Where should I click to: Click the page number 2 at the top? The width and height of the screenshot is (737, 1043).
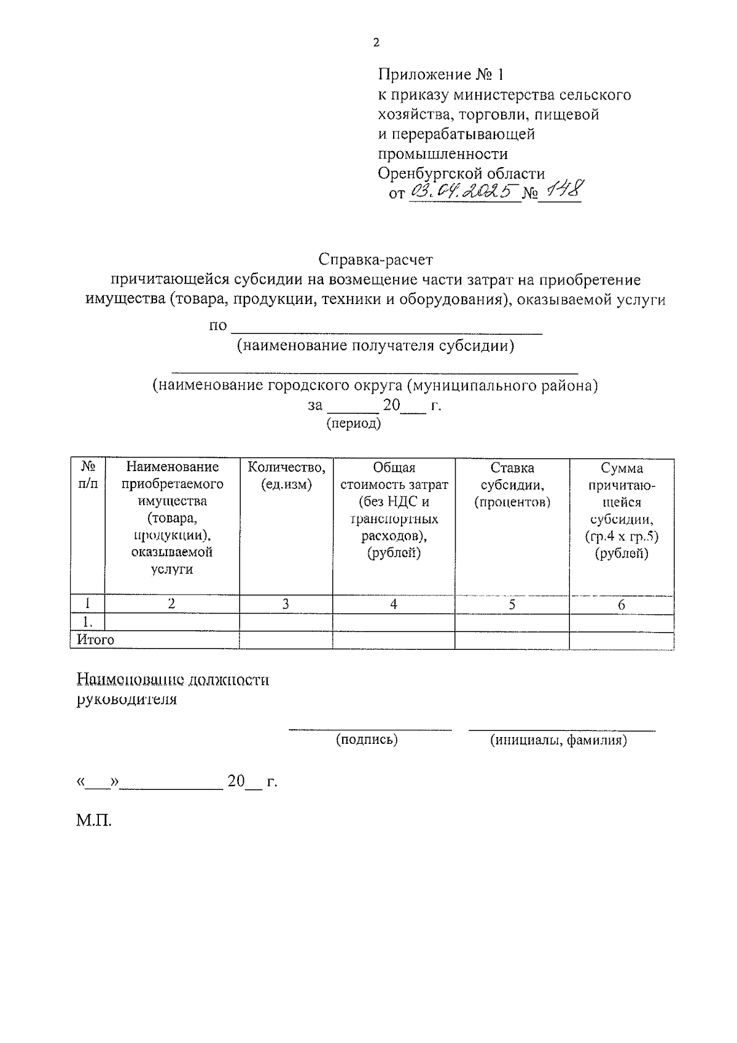click(x=376, y=42)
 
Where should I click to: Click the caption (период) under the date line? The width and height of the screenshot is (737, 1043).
click(x=353, y=423)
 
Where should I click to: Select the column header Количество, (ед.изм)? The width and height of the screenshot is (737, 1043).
click(x=286, y=476)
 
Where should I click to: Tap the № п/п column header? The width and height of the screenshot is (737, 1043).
click(x=87, y=475)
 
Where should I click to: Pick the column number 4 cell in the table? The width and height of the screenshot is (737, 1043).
click(x=393, y=604)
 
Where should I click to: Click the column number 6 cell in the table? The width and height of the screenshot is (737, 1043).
click(x=621, y=604)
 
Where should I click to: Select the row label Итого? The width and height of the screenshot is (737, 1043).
click(x=96, y=640)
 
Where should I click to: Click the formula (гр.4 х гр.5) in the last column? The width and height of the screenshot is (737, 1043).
click(x=621, y=536)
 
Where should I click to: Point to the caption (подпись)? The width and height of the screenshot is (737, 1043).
click(x=367, y=740)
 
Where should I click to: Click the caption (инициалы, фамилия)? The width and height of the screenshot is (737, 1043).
click(x=558, y=740)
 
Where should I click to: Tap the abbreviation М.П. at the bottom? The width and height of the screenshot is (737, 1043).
click(x=94, y=821)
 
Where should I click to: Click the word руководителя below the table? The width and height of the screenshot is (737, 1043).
click(x=127, y=700)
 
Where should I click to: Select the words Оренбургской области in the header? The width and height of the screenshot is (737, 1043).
click(x=461, y=173)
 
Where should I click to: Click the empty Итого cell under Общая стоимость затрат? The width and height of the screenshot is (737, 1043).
click(x=393, y=640)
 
